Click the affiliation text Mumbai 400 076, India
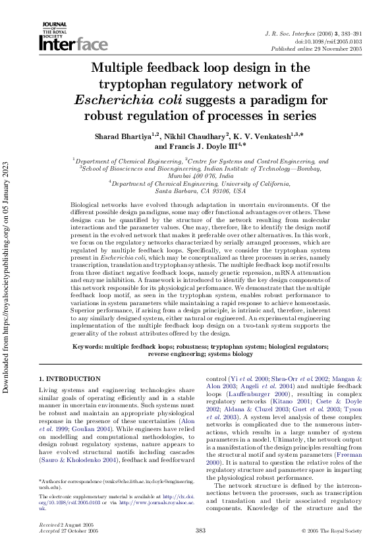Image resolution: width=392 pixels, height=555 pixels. pyautogui.click(x=201, y=176)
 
